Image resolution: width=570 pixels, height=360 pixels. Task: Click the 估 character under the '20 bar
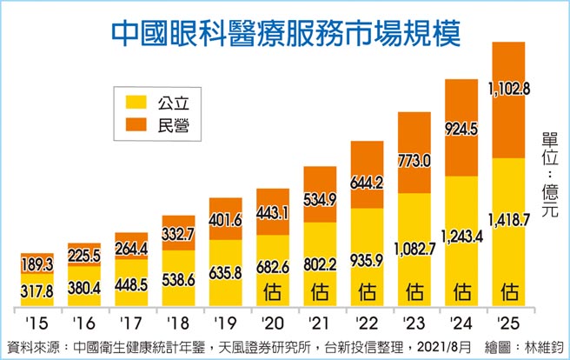[x=273, y=288]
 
